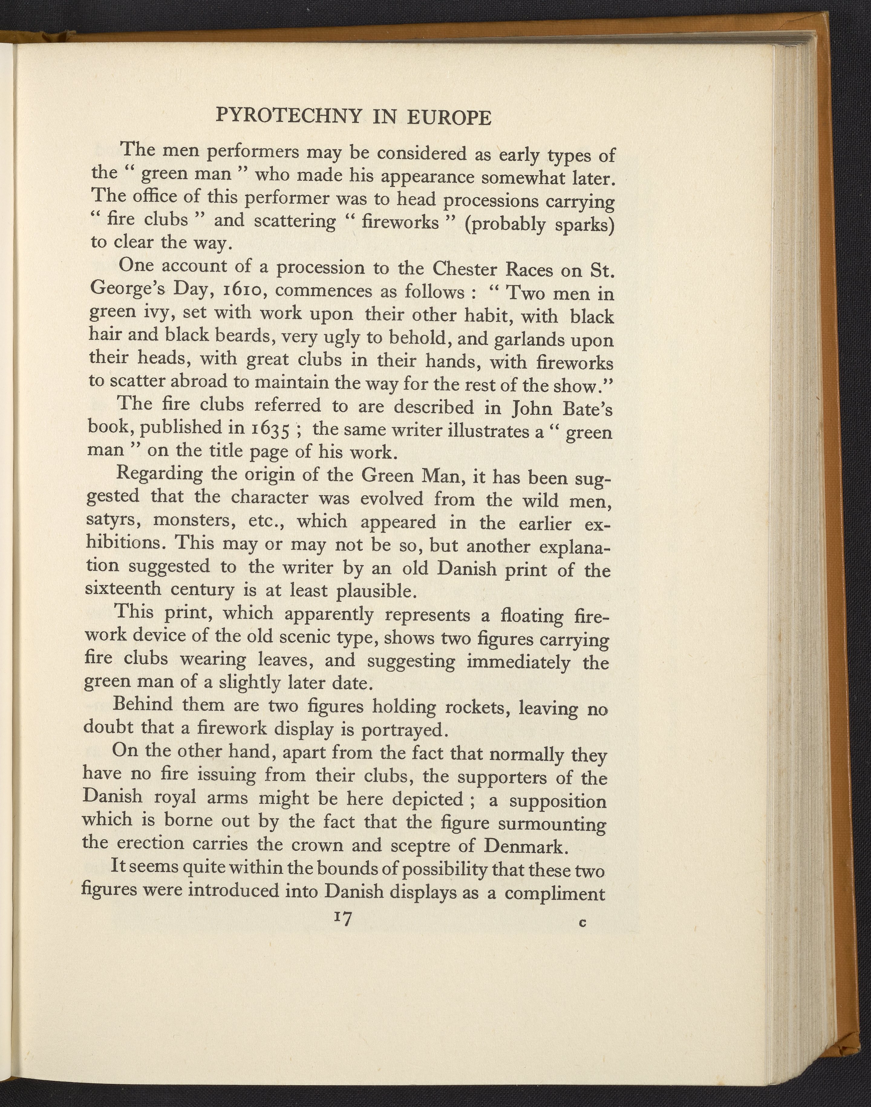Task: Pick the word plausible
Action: (x=378, y=591)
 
